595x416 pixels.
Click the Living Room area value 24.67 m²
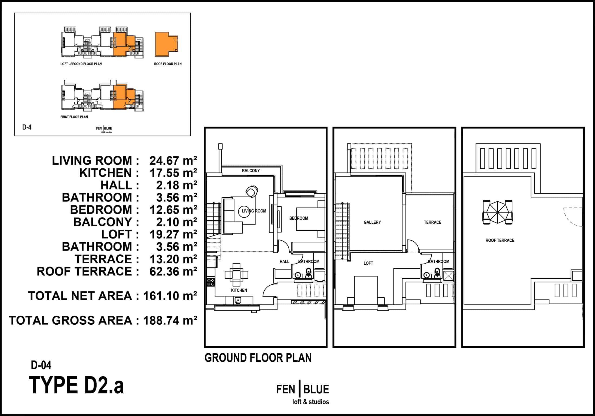[173, 161]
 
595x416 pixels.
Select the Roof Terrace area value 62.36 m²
[173, 271]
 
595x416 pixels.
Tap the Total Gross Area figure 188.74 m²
[170, 320]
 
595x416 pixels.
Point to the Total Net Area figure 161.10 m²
[170, 296]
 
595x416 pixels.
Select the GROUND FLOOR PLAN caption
[258, 358]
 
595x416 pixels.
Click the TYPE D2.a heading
[76, 385]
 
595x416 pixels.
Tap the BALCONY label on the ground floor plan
[251, 171]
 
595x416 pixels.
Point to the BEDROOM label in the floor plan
[299, 218]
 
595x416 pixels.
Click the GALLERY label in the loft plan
[372, 222]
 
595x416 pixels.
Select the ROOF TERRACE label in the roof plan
[500, 240]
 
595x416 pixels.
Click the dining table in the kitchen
[236, 275]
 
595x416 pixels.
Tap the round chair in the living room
[252, 191]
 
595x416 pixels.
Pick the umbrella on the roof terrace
[498, 212]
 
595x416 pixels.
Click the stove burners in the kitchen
[211, 282]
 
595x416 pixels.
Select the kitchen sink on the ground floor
[238, 300]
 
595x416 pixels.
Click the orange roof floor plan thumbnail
[167, 44]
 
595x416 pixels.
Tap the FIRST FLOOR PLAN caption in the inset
[74, 117]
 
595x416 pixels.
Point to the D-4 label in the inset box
[27, 127]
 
